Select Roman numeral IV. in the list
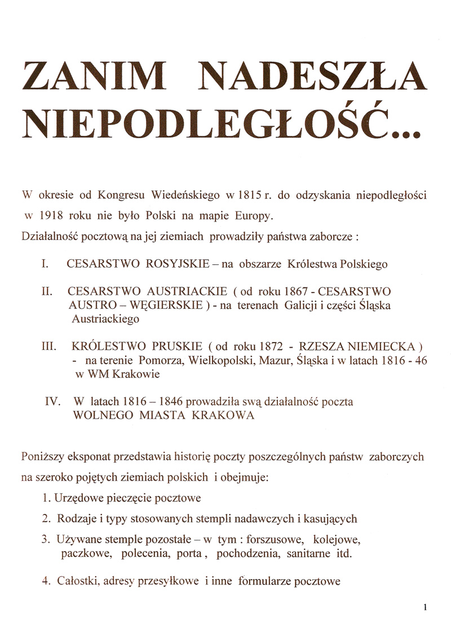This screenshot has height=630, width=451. [52, 402]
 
